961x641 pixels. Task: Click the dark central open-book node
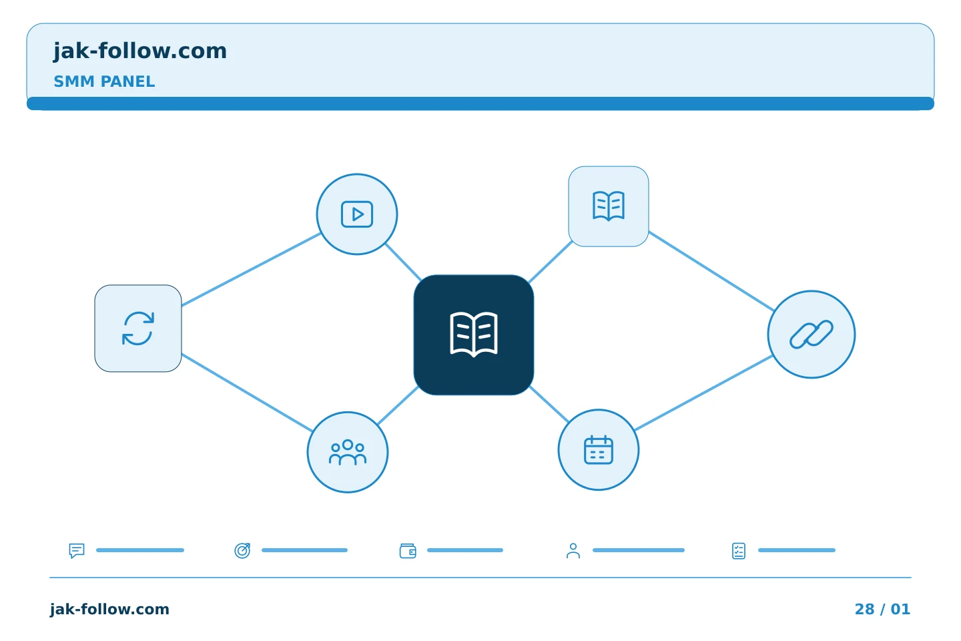[474, 335]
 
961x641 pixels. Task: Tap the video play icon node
[357, 214]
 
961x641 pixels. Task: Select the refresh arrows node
[138, 329]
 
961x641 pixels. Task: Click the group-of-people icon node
[348, 452]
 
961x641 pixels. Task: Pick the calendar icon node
[599, 450]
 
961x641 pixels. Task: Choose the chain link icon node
[812, 335]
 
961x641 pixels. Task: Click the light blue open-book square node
[609, 206]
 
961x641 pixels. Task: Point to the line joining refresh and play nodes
[251, 270]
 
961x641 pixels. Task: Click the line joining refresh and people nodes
[247, 393]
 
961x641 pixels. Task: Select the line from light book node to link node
[711, 271]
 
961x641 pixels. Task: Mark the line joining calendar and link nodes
[703, 393]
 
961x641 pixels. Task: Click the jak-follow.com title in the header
[140, 51]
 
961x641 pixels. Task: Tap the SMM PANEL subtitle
[104, 81]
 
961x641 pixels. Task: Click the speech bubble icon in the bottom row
[77, 550]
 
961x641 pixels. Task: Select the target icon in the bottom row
[242, 550]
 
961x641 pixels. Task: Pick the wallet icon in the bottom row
[408, 551]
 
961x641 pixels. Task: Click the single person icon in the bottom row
[573, 551]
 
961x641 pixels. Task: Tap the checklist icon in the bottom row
[739, 551]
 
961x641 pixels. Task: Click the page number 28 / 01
[882, 609]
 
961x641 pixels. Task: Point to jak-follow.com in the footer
[109, 609]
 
